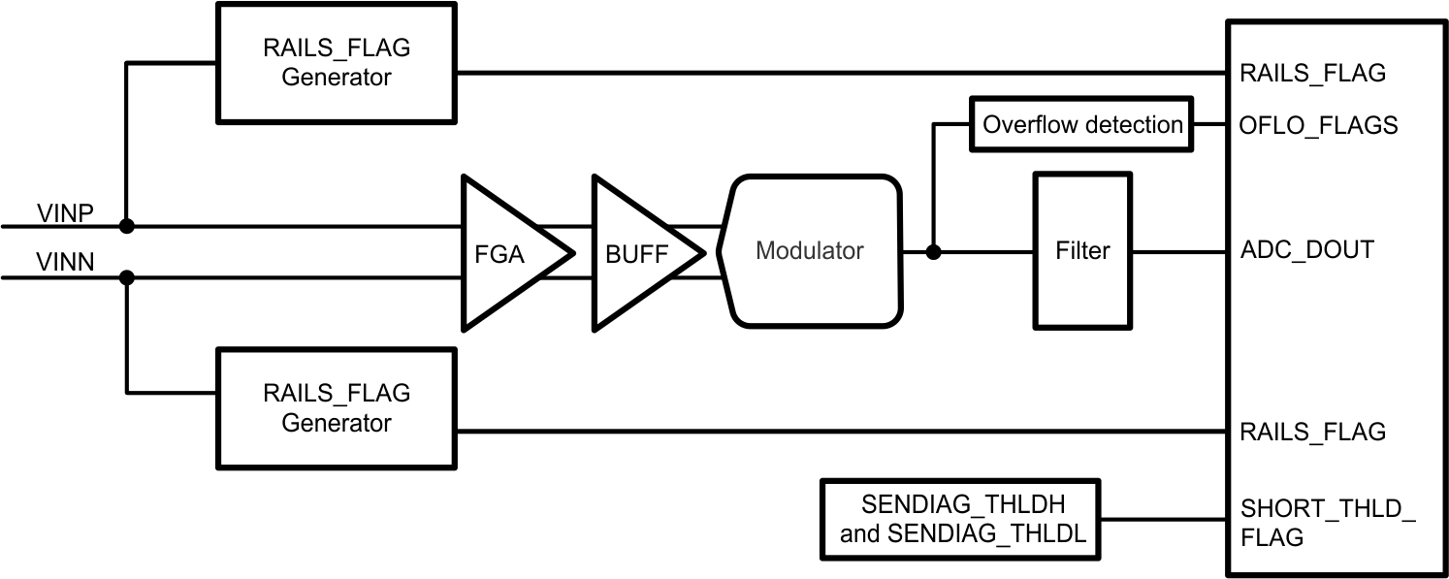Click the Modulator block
(x=809, y=251)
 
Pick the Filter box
(x=1081, y=251)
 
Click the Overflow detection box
(x=1081, y=124)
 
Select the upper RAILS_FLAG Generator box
(x=337, y=62)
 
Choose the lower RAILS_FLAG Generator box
(x=337, y=407)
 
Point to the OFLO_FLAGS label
(x=1318, y=125)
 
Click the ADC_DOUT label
(x=1306, y=250)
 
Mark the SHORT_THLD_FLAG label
(x=1327, y=522)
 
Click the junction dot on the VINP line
(x=126, y=227)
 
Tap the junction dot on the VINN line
(x=126, y=277)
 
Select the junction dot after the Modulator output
(x=933, y=252)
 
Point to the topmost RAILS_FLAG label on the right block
(x=1312, y=73)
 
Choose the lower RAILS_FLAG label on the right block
(x=1312, y=432)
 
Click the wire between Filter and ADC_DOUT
(x=1178, y=252)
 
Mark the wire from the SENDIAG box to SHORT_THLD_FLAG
(x=1163, y=519)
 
